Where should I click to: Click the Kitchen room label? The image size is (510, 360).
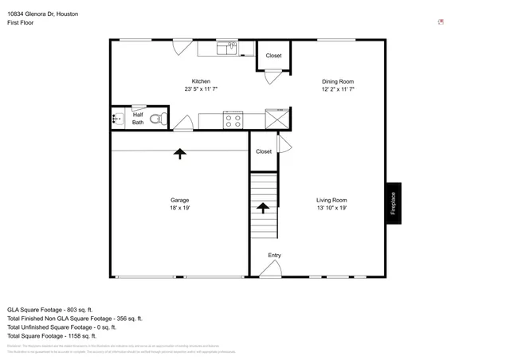click(x=201, y=81)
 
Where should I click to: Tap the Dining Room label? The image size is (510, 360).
click(x=337, y=81)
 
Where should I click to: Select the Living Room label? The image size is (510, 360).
click(x=331, y=200)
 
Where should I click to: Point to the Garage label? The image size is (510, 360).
click(x=179, y=200)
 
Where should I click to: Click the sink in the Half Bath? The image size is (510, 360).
click(x=116, y=119)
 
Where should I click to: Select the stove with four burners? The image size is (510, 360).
click(x=233, y=120)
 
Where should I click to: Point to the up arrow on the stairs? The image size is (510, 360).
click(x=262, y=208)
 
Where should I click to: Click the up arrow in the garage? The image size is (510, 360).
click(x=179, y=153)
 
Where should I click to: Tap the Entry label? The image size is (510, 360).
click(x=274, y=256)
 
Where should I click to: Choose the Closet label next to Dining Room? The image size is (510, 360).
click(x=273, y=56)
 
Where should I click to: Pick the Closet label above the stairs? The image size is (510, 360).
click(x=264, y=151)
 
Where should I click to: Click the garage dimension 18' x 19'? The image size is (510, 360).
click(x=179, y=208)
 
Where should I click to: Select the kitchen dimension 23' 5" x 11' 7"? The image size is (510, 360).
click(x=201, y=89)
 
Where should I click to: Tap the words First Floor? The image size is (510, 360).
click(x=22, y=24)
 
